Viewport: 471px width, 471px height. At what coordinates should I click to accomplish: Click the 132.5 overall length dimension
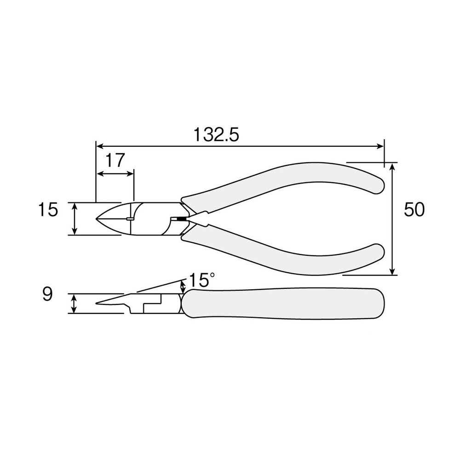click(x=216, y=135)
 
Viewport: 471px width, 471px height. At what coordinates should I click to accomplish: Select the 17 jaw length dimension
click(x=115, y=160)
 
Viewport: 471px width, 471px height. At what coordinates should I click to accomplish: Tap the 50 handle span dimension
click(x=414, y=209)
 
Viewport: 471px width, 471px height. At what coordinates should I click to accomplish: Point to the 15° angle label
click(x=202, y=280)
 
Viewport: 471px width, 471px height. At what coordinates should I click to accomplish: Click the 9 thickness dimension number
click(x=47, y=294)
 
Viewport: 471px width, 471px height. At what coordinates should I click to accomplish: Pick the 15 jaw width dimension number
click(x=48, y=209)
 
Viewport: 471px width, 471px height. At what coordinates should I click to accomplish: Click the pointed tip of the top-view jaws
click(x=97, y=218)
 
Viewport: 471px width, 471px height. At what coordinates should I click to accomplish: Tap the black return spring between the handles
click(x=181, y=219)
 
